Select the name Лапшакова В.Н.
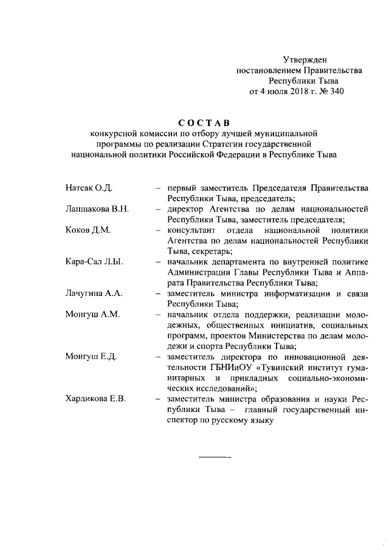pos(97,209)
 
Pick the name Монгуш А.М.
pos(92,315)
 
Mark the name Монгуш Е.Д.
pos(91,357)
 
